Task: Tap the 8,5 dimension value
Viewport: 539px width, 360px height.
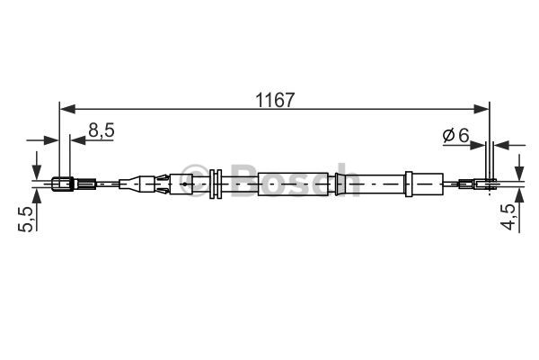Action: point(101,130)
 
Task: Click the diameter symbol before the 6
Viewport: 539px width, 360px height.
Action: point(448,135)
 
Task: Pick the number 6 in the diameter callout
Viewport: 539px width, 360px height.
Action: point(464,135)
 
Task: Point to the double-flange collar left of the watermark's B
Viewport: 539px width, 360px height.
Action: point(216,184)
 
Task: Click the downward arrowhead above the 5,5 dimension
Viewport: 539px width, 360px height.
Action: point(37,174)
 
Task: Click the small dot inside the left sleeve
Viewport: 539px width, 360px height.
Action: point(184,184)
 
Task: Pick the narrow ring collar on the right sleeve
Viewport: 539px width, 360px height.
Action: point(339,184)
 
